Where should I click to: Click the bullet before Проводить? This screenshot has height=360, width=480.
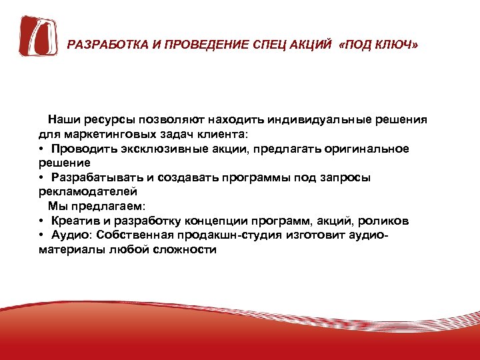tap(41, 149)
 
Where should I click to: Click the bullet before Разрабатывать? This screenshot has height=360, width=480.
tap(41, 178)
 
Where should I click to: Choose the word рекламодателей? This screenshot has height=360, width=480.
tap(81, 191)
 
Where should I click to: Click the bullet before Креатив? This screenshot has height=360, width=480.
tap(41, 221)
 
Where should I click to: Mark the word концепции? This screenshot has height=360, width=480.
tap(253, 221)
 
